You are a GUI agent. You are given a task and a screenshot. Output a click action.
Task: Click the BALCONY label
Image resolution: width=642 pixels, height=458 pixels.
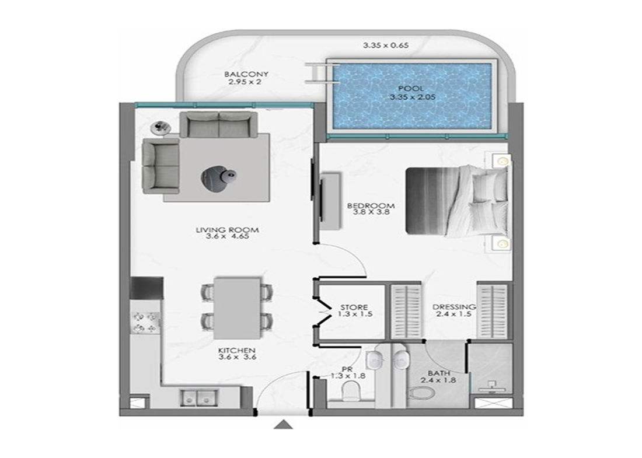click(246, 74)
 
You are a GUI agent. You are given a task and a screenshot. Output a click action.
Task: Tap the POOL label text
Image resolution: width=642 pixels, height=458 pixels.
click(412, 89)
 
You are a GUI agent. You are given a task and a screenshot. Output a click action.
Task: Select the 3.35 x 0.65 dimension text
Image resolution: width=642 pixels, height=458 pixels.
click(386, 46)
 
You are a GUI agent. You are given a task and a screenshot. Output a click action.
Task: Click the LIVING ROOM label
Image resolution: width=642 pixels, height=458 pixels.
click(227, 230)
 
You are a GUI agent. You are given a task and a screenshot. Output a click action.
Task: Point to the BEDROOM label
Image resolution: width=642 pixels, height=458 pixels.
click(371, 205)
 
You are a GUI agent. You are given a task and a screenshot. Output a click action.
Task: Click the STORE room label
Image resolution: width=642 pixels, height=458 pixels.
click(354, 307)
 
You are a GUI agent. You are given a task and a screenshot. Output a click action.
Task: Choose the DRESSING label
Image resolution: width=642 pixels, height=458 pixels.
click(454, 307)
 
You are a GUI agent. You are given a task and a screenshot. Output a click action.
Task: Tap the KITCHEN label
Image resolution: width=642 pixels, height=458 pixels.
click(236, 351)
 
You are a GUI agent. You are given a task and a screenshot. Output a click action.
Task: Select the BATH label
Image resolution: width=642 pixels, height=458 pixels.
click(439, 373)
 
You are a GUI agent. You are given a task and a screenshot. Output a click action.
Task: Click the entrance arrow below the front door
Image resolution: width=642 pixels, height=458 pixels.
click(283, 425)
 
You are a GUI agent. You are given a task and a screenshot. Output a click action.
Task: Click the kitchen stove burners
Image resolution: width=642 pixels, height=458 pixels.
click(146, 322)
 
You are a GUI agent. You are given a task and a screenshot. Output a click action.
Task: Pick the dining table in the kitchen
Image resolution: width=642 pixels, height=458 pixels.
click(237, 308)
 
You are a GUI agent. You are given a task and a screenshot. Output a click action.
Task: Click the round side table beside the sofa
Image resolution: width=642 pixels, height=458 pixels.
click(160, 128)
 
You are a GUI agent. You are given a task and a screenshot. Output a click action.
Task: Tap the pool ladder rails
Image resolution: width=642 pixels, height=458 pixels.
click(322, 74)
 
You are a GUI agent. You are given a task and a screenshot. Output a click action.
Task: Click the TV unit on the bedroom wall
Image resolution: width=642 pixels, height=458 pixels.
click(330, 201)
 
